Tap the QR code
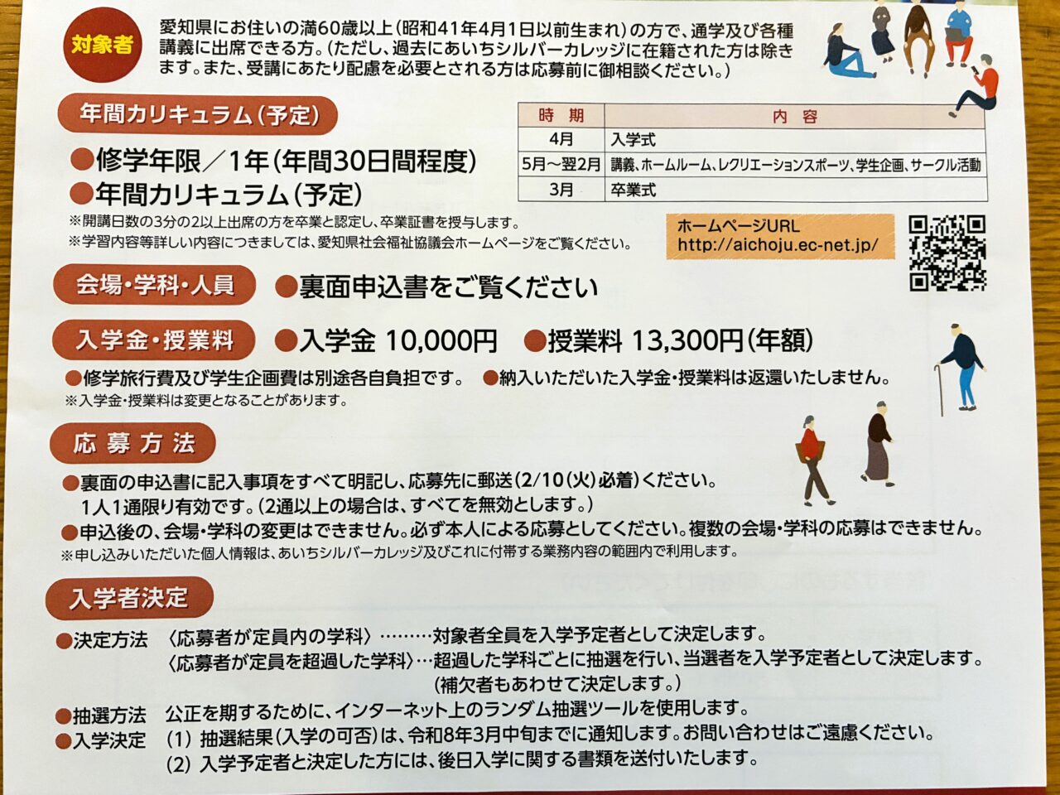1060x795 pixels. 947,253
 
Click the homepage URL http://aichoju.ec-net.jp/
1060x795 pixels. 778,246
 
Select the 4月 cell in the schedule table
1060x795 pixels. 561,140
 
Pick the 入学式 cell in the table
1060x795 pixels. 634,141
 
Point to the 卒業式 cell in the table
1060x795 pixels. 634,190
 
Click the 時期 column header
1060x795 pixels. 561,116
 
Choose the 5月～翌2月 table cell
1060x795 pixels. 561,165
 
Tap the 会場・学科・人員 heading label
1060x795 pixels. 155,285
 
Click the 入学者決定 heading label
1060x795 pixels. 129,598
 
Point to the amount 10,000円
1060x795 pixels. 441,341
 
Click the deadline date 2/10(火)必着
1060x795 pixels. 576,481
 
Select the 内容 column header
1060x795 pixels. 795,116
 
